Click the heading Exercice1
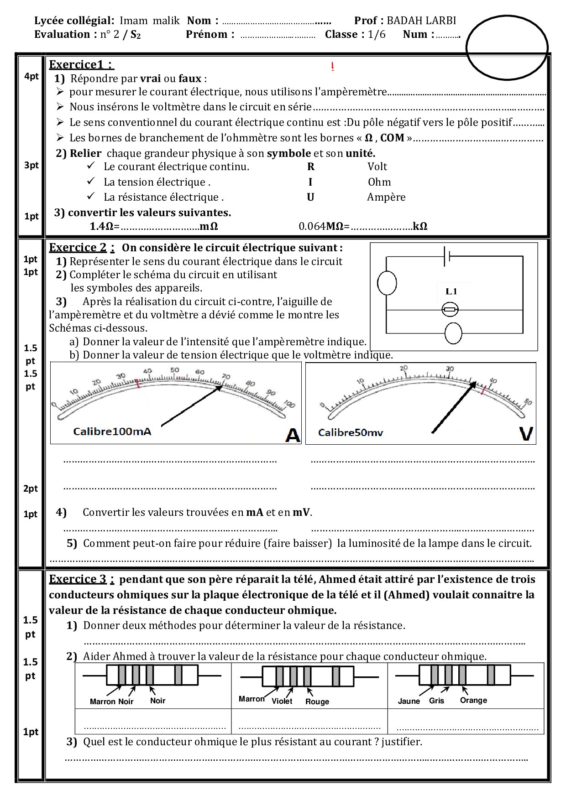point(81,65)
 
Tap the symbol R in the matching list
point(311,167)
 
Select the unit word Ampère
point(386,197)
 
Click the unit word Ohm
point(379,182)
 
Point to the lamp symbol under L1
point(451,310)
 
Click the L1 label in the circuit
point(451,291)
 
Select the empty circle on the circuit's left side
point(387,283)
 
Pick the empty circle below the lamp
point(453,333)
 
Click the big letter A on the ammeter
point(293,435)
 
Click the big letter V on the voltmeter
point(526,434)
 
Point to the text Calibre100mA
point(112,431)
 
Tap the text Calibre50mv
point(351,432)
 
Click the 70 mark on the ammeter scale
point(225,377)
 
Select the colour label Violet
point(282,701)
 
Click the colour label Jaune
point(409,701)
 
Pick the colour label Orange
point(473,701)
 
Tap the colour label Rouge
point(317,702)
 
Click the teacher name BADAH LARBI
point(421,21)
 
